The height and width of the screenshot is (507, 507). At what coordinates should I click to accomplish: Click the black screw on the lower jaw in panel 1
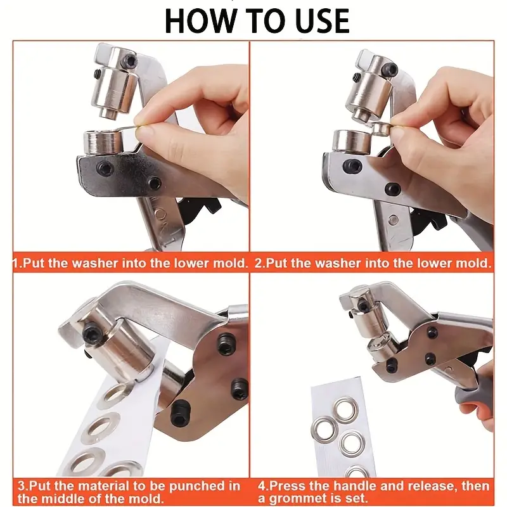click(105, 169)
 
